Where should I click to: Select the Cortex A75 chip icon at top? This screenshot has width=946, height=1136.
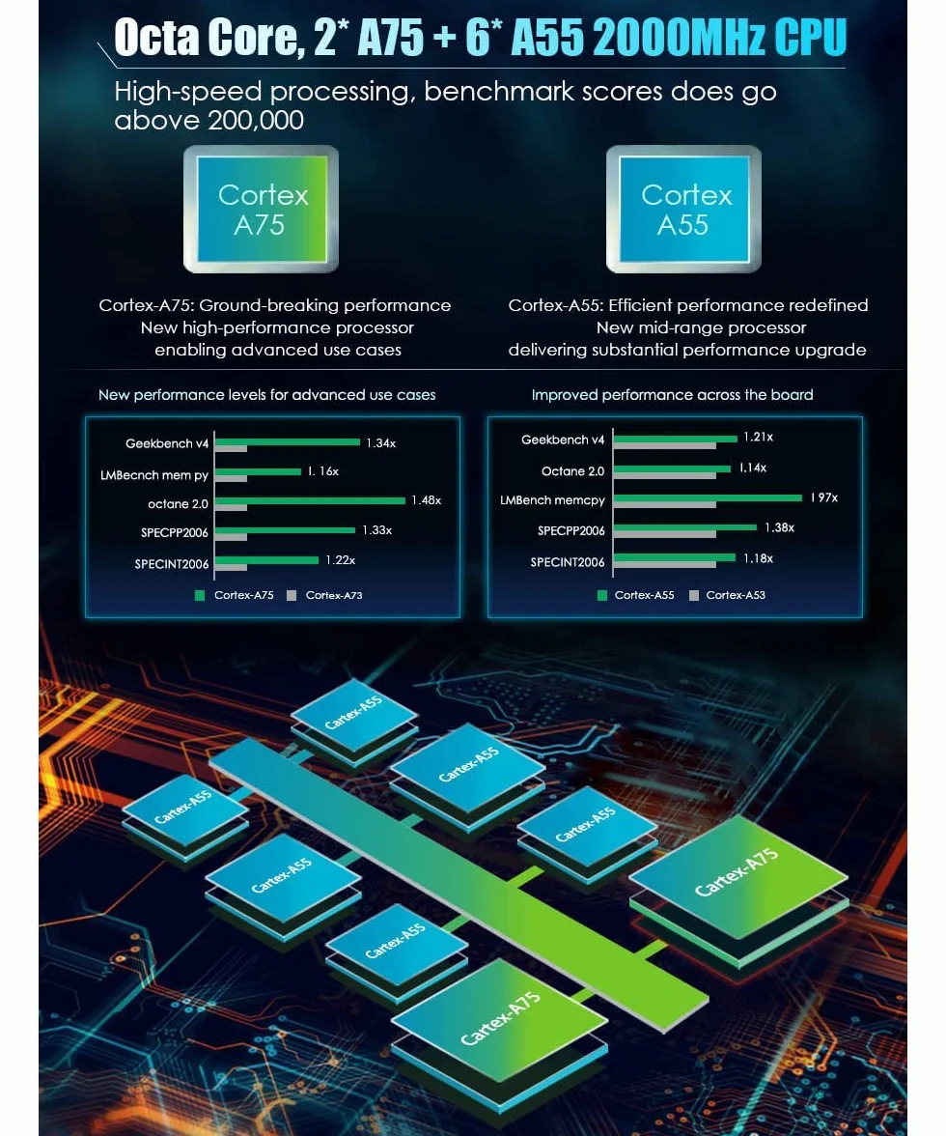[x=262, y=210]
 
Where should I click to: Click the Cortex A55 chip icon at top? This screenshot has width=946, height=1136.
[x=684, y=210]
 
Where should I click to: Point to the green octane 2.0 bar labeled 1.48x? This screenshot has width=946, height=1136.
[x=310, y=500]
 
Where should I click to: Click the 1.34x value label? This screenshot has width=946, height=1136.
[x=380, y=442]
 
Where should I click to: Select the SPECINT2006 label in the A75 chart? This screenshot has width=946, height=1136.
[x=172, y=564]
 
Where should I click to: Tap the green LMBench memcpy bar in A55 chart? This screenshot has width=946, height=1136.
[x=708, y=497]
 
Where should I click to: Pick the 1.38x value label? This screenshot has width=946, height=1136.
[x=780, y=527]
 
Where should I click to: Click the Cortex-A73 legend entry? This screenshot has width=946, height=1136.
[x=325, y=595]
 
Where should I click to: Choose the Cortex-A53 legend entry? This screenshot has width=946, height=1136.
[x=727, y=595]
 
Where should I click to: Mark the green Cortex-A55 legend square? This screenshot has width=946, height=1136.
[x=602, y=595]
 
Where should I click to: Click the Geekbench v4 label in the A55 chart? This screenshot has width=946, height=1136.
[x=563, y=440]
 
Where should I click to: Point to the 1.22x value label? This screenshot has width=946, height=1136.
[x=340, y=560]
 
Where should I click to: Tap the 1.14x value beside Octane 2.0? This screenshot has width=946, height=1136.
[x=753, y=468]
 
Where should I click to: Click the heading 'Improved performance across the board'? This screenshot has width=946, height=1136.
[x=673, y=395]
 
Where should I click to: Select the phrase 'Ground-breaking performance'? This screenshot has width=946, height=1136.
[x=325, y=305]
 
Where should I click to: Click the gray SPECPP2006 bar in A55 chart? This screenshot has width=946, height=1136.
[x=664, y=535]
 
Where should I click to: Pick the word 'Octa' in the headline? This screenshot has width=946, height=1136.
[x=156, y=38]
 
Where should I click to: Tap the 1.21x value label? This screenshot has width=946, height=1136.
[x=758, y=437]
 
